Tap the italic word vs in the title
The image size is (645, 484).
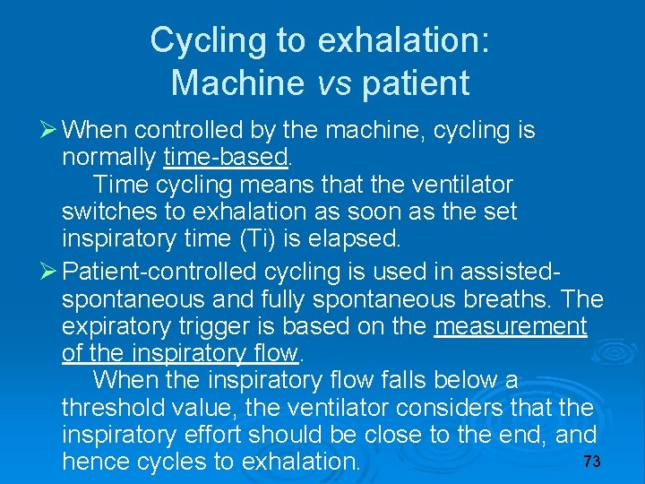[336, 83]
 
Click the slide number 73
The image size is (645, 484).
[590, 462]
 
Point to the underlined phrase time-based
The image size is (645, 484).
[227, 159]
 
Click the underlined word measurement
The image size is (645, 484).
[511, 326]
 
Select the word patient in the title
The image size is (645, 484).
[415, 83]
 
